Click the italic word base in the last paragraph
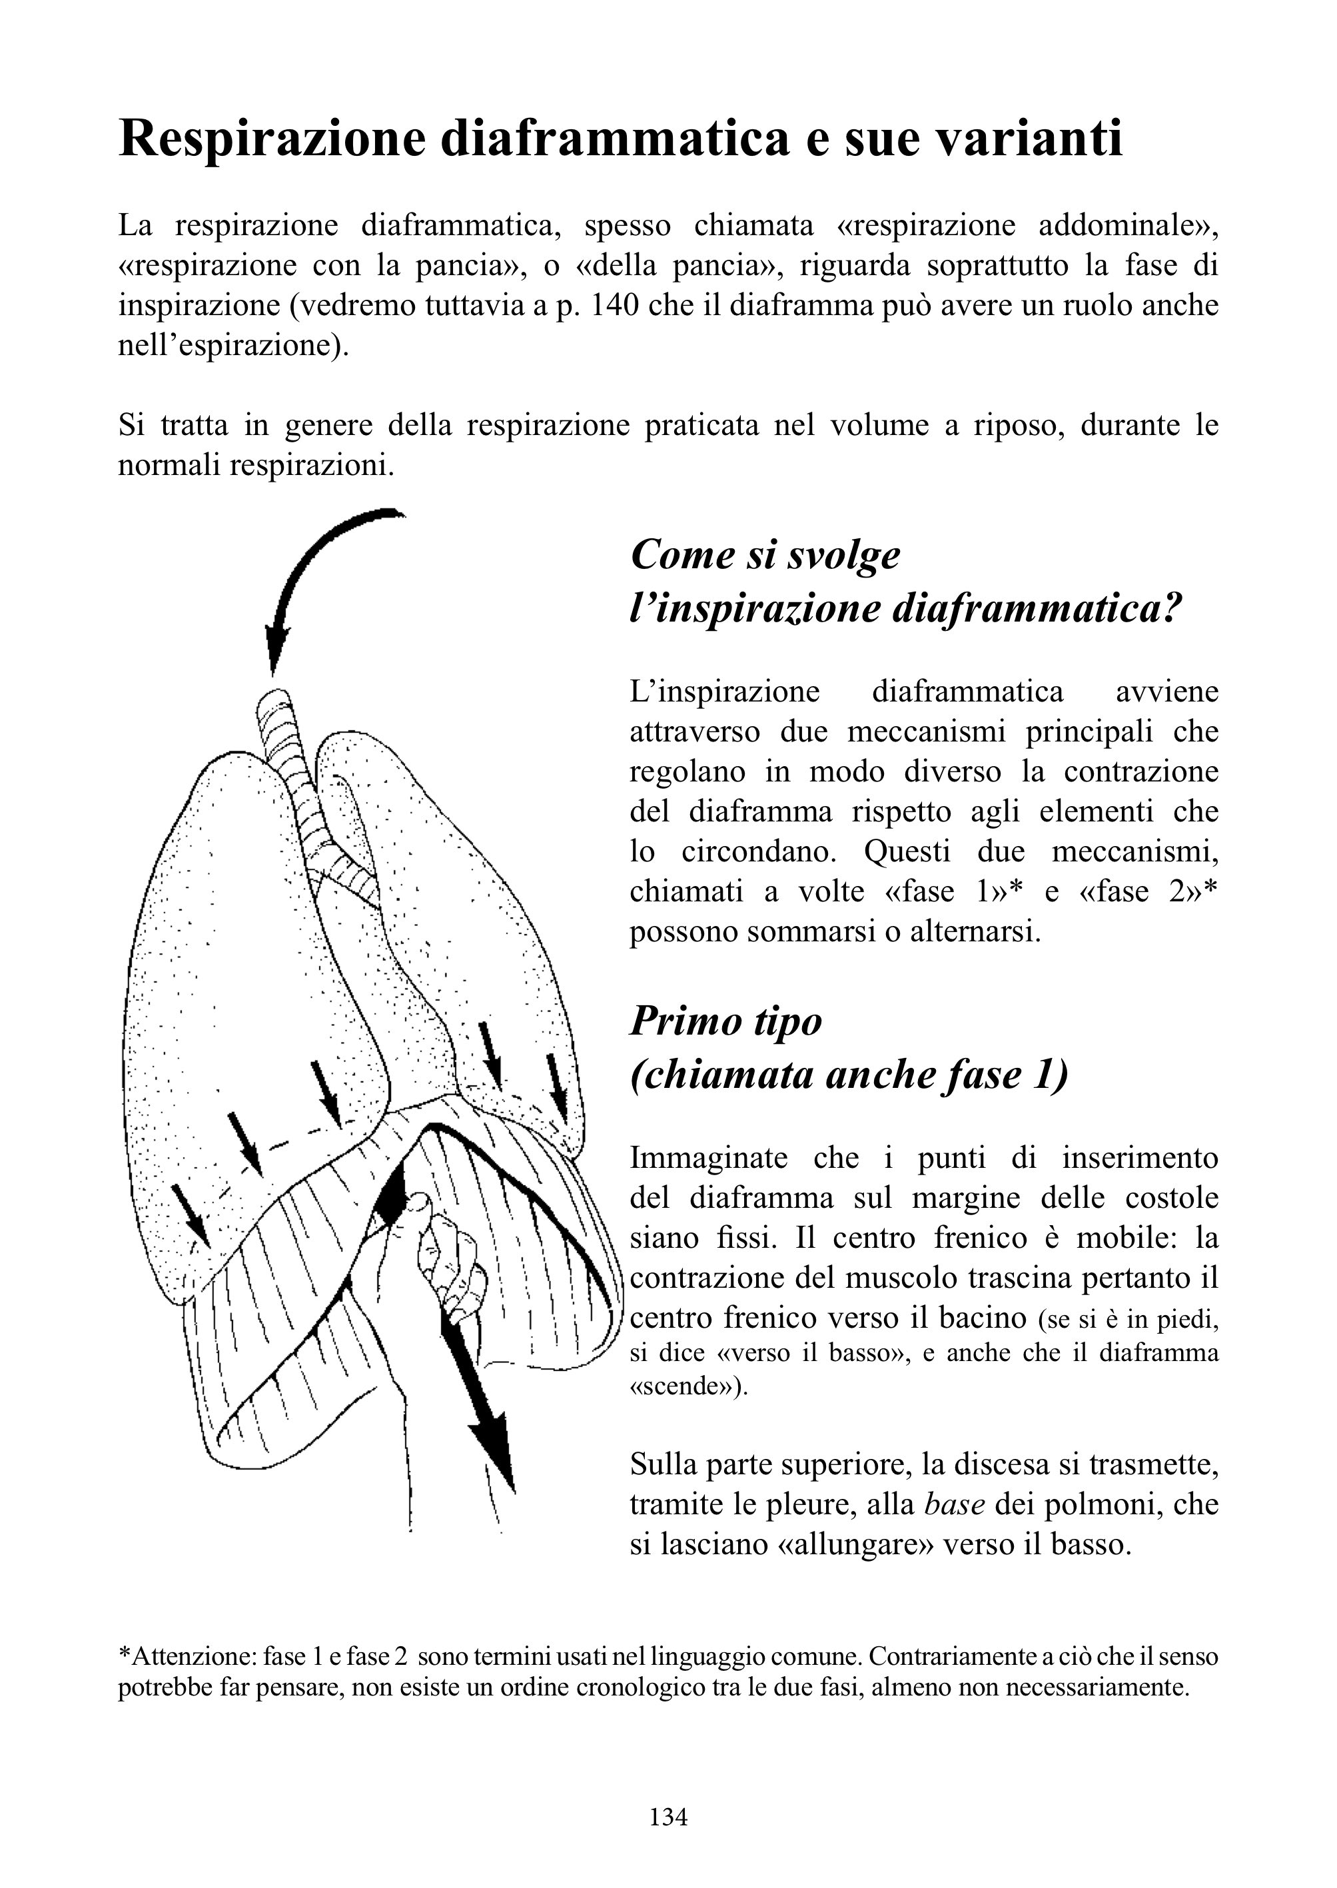(955, 1504)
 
